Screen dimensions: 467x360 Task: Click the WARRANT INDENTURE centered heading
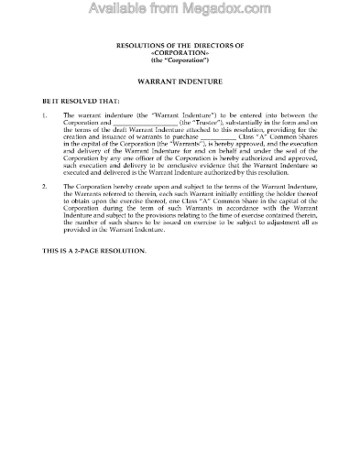pyautogui.click(x=180, y=79)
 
